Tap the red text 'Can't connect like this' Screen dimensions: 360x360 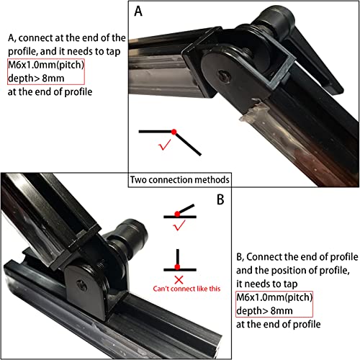click(186, 289)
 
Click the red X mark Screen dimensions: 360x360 click(177, 277)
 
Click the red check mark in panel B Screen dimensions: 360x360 click(177, 228)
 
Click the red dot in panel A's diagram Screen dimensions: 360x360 click(174, 131)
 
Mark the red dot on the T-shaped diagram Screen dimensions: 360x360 click(177, 267)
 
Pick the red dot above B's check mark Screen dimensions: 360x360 click(177, 215)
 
